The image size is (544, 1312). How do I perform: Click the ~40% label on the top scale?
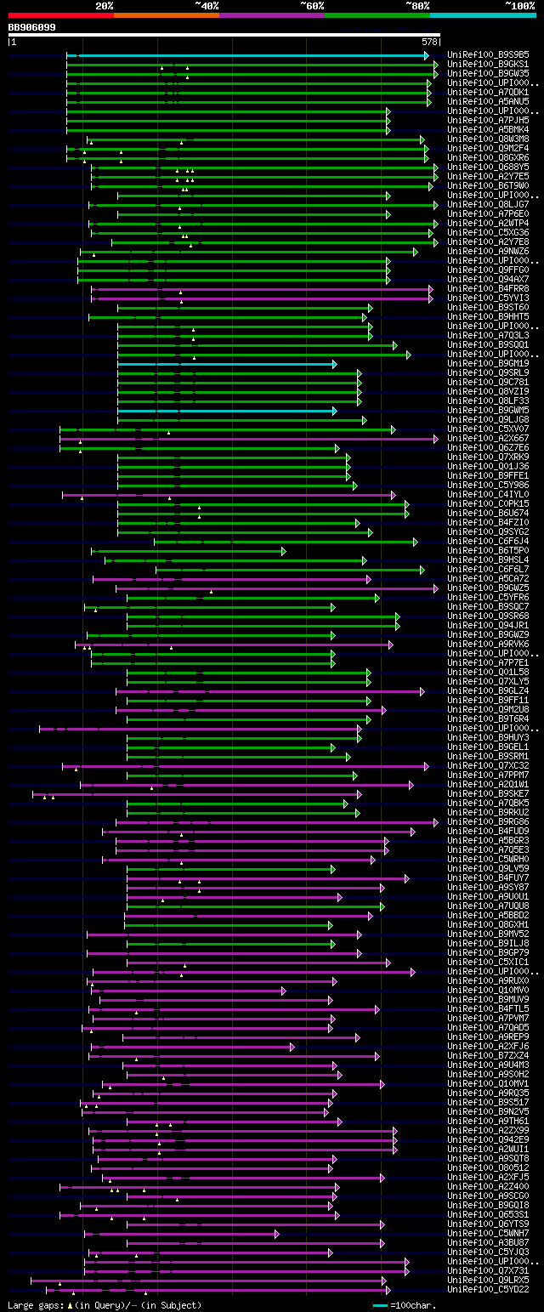207,5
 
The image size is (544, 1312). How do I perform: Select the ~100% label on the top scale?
519,5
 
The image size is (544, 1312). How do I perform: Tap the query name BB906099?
31,27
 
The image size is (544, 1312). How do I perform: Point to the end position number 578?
428,41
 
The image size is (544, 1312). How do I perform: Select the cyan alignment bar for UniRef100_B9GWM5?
225,411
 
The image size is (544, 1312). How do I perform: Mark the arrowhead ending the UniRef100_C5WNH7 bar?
276,1233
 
